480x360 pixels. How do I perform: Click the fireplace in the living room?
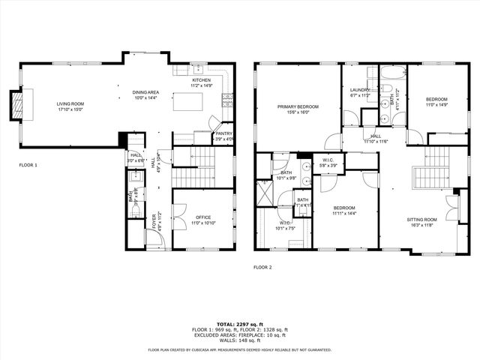pyautogui.click(x=15, y=105)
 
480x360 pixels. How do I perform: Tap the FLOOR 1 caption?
pyautogui.click(x=28, y=164)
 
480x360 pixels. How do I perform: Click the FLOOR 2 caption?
pyautogui.click(x=262, y=267)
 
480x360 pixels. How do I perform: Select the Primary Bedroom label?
pyautogui.click(x=298, y=107)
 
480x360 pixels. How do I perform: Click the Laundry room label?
pyautogui.click(x=360, y=90)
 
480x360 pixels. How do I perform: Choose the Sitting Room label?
pyautogui.click(x=422, y=219)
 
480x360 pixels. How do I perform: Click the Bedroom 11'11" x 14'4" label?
pyautogui.click(x=344, y=208)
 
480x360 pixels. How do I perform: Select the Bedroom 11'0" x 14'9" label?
pyautogui.click(x=436, y=100)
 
